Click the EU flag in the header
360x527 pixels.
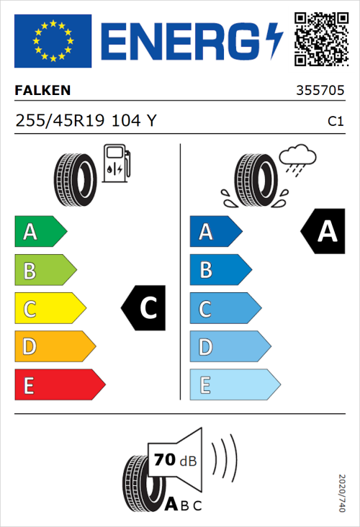point(53,41)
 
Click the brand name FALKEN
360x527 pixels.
point(43,91)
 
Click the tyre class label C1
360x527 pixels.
point(335,122)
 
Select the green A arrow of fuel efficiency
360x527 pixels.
point(40,232)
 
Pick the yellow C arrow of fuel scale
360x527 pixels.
point(49,309)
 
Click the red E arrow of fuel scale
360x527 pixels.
point(59,385)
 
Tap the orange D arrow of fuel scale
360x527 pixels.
point(54,347)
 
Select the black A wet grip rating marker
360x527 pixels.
point(323,232)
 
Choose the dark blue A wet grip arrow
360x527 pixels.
point(215,232)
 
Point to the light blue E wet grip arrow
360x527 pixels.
point(234,385)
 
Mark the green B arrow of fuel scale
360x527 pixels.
point(45,271)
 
